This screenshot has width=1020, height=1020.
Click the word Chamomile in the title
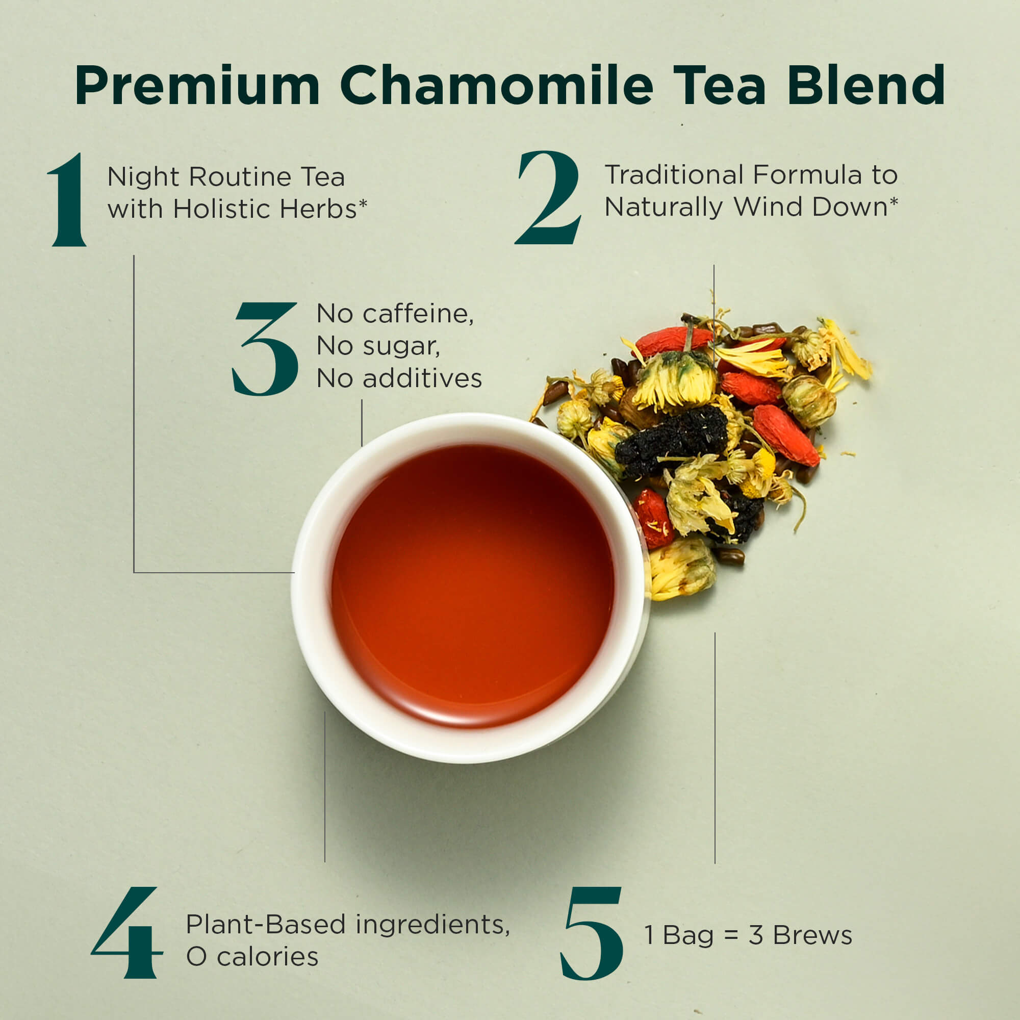click(x=497, y=85)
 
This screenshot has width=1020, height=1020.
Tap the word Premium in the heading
click(x=197, y=86)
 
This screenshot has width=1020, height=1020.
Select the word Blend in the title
click(x=866, y=85)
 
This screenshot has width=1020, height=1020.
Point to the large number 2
click(x=548, y=197)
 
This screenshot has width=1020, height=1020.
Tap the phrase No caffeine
click(x=395, y=314)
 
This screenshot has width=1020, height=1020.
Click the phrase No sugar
click(x=378, y=346)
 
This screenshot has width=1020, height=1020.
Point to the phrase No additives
click(x=399, y=378)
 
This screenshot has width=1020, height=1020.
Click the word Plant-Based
click(x=266, y=924)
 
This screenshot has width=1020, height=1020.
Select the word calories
click(x=268, y=957)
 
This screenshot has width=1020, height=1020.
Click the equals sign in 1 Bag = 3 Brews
click(x=731, y=935)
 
